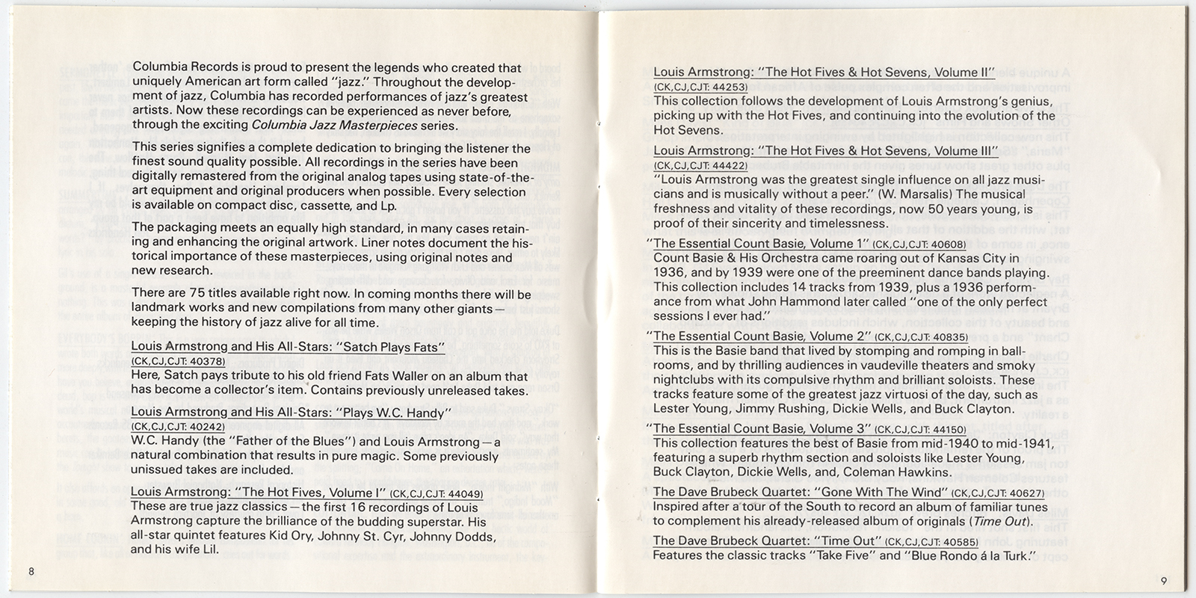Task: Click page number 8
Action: click(31, 572)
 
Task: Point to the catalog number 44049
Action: click(464, 494)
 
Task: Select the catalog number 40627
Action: click(1025, 493)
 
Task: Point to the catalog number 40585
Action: click(959, 541)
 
